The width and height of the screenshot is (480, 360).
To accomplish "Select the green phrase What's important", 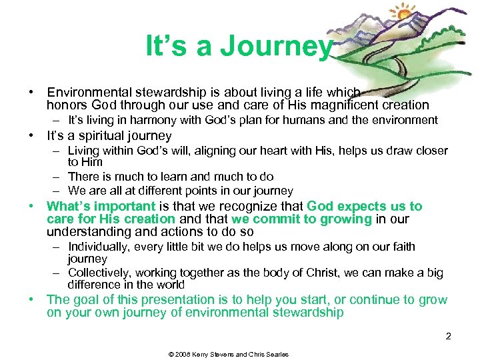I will click(x=101, y=206).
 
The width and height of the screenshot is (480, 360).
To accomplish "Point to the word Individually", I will click(x=99, y=247).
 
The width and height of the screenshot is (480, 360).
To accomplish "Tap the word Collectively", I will click(x=100, y=273).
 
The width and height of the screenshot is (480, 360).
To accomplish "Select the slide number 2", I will click(x=449, y=336).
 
